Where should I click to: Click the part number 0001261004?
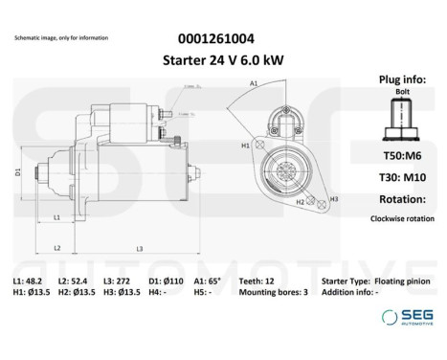(x=216, y=39)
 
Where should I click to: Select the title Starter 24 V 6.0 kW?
(x=216, y=58)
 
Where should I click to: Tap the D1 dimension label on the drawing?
(x=17, y=172)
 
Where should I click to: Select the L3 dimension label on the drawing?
(x=139, y=249)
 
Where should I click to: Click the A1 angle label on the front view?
(x=254, y=84)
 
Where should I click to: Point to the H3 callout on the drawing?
(x=333, y=199)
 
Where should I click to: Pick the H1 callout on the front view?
(x=245, y=146)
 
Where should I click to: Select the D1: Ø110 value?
(x=168, y=281)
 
